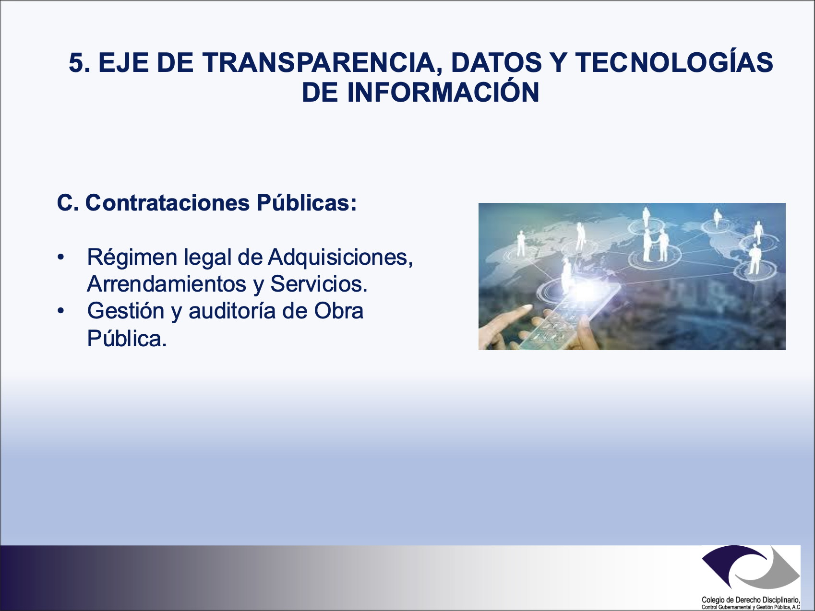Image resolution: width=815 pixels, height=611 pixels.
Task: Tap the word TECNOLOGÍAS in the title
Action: click(x=674, y=63)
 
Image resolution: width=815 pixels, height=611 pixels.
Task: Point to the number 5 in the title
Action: click(x=79, y=63)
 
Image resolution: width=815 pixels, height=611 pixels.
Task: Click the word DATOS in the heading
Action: click(x=496, y=63)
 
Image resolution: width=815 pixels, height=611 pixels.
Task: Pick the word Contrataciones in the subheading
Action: click(x=168, y=203)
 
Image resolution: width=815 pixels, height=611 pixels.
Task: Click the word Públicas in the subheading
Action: click(x=306, y=203)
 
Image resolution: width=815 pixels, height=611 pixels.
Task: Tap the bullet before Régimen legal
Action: click(x=60, y=258)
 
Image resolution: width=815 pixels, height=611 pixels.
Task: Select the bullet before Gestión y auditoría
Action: click(x=60, y=311)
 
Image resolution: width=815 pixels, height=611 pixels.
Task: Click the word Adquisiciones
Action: click(x=340, y=258)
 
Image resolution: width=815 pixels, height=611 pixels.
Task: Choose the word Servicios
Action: click(x=319, y=284)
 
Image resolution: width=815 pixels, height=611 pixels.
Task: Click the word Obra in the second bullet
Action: click(x=339, y=311)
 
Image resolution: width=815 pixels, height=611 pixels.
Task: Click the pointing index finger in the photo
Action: click(x=509, y=319)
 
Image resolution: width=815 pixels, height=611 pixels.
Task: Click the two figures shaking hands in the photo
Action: click(x=656, y=245)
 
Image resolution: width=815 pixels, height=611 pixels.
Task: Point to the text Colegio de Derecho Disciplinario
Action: click(x=751, y=600)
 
